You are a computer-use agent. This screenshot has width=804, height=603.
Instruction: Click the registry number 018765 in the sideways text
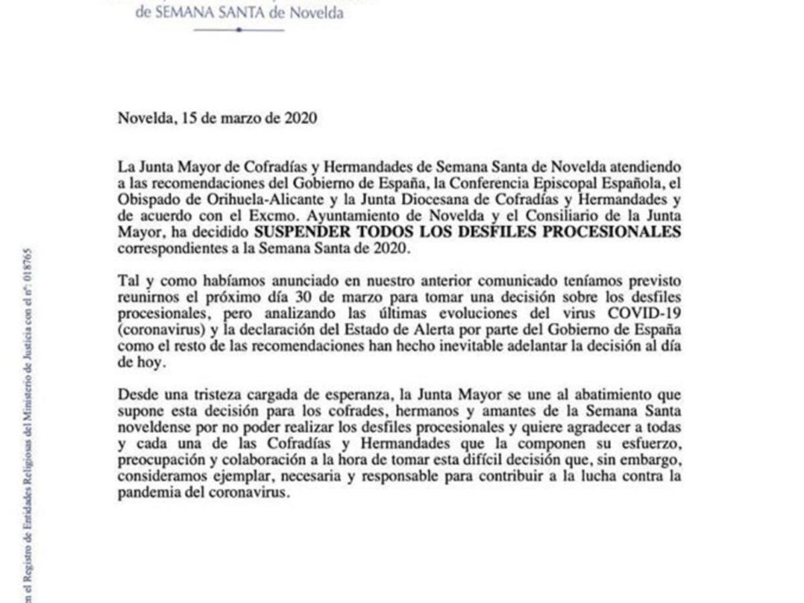pos(28,269)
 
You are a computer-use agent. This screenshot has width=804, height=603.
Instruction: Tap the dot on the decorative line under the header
pos(238,29)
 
